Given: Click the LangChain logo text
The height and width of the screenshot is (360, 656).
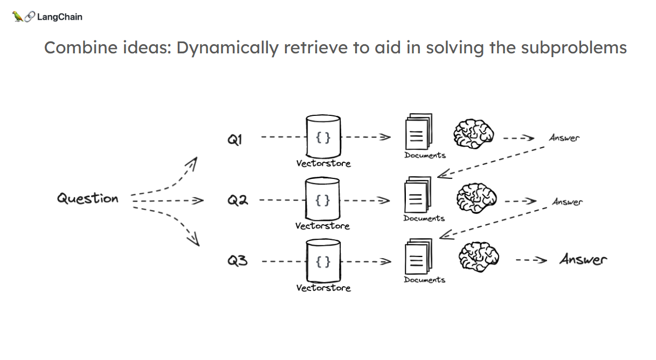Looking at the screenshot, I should click(59, 17).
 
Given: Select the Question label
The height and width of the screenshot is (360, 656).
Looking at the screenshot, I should click(88, 199).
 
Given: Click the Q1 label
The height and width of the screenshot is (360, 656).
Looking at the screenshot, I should click(235, 140).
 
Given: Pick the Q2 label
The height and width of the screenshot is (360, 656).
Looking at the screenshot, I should click(237, 200).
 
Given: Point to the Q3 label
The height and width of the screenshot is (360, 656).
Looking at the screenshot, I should click(237, 262).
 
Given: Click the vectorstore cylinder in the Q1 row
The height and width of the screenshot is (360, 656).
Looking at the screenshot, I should click(323, 136).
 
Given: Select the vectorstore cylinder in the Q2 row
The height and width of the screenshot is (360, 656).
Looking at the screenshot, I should click(323, 199).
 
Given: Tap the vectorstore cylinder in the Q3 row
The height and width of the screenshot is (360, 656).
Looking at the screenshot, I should click(323, 261).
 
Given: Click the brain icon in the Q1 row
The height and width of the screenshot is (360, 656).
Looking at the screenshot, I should click(473, 133).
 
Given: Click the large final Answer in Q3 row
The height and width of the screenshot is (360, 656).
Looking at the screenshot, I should click(583, 260).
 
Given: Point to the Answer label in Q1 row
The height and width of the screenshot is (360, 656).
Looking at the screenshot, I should click(564, 138).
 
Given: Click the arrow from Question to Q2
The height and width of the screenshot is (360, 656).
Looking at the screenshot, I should click(167, 201).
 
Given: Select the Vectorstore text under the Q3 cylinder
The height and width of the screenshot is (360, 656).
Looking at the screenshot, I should click(323, 288).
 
